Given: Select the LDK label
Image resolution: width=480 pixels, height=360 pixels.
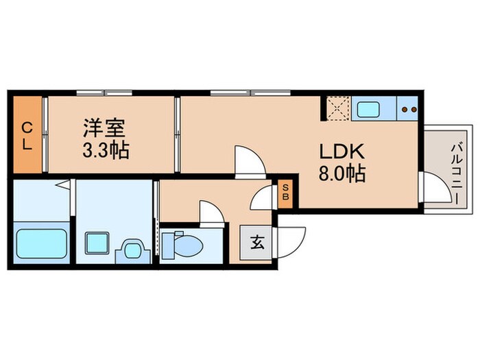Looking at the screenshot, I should [x=335, y=151].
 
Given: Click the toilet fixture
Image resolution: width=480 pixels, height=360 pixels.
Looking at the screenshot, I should [x=180, y=243].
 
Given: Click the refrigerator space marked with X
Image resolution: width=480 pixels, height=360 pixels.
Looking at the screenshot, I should [x=338, y=109].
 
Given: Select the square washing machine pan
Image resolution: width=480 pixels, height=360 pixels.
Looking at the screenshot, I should [x=95, y=243].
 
